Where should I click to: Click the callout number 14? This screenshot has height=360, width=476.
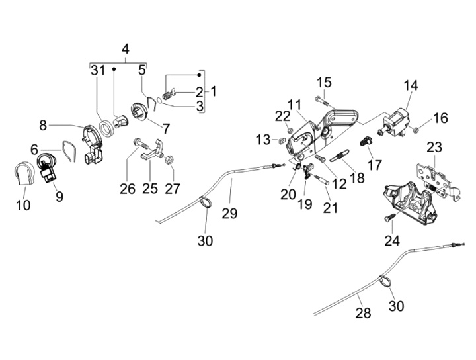411,85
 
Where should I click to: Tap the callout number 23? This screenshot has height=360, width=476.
434,146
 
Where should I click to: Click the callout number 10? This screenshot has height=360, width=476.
23,205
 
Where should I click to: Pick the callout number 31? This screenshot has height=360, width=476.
98,70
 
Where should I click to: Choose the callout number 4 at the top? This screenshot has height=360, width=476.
126,49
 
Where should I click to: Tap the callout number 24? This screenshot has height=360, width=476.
391,240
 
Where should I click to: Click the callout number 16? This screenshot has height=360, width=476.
440,118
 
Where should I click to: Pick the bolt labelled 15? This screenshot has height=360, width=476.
320,101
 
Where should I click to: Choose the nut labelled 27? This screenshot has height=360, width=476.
170,159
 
